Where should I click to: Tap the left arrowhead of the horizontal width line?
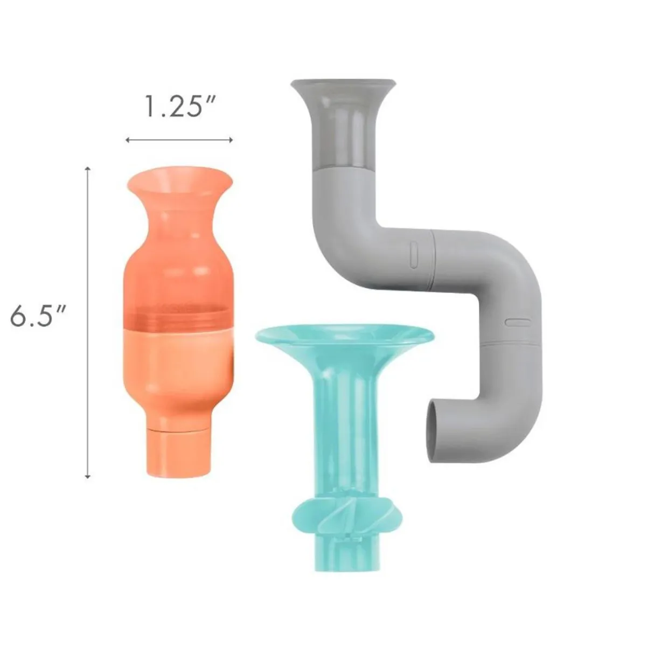click(x=128, y=140)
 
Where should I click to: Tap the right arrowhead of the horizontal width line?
click(x=231, y=140)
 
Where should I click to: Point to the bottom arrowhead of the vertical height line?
click(x=88, y=476)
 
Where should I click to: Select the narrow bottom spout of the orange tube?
click(x=178, y=451)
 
